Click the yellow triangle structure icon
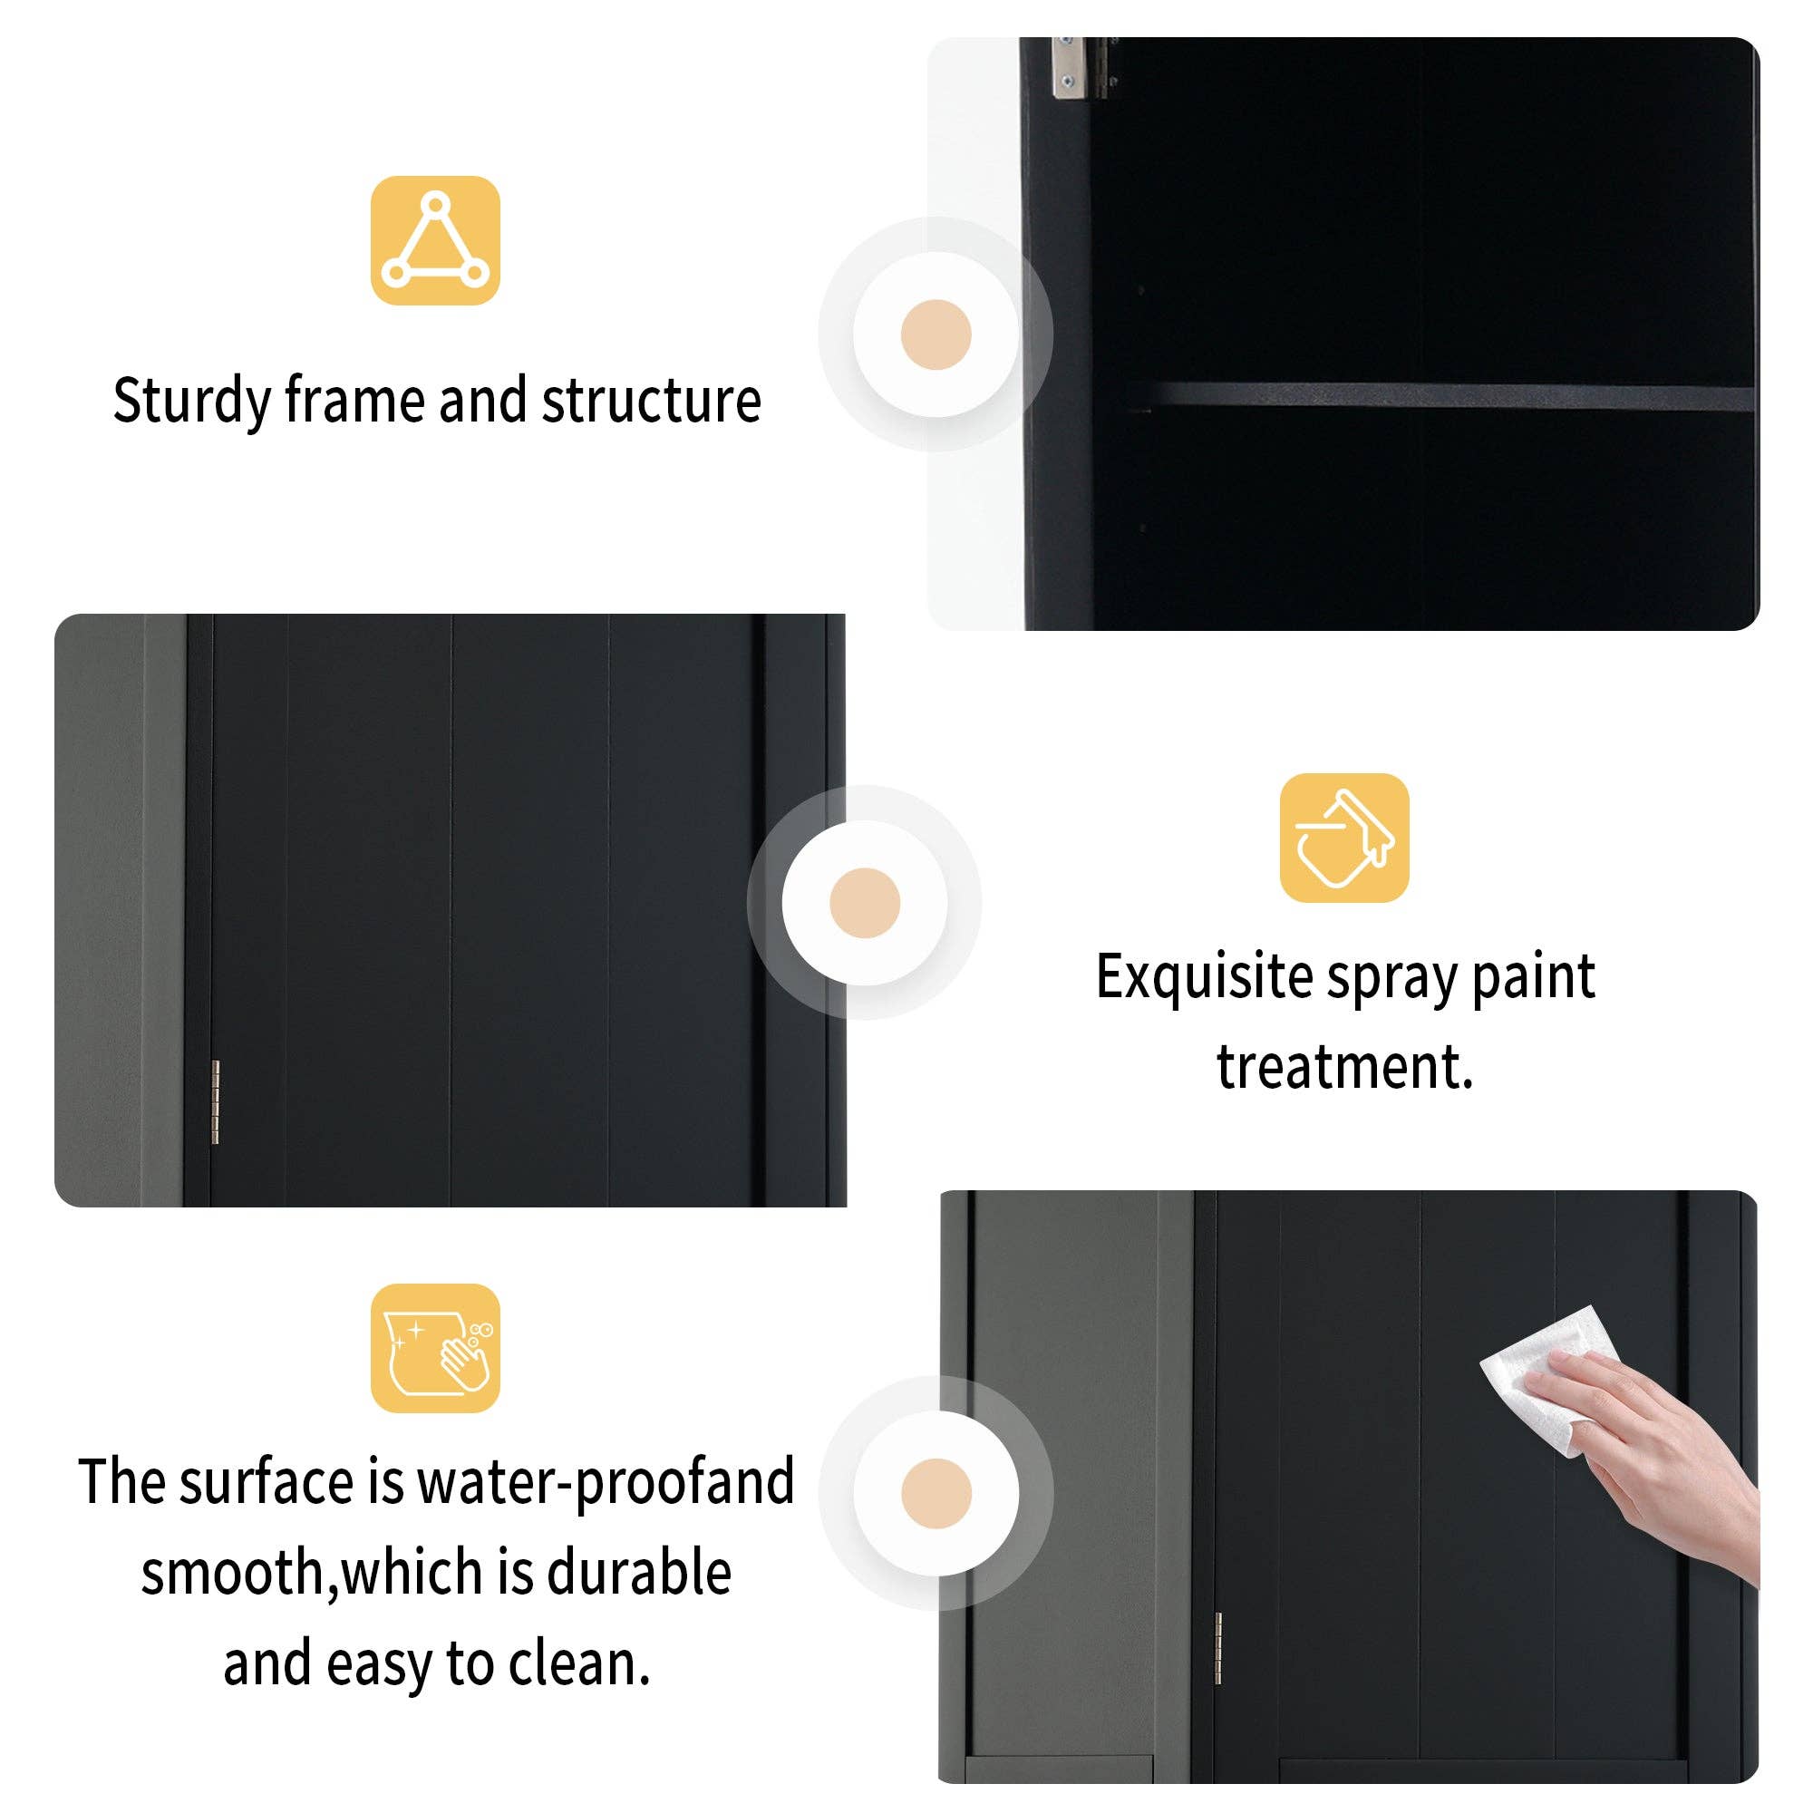pyautogui.click(x=434, y=240)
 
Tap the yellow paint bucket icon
pyautogui.click(x=1343, y=838)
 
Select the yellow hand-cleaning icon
pyautogui.click(x=434, y=1349)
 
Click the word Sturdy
pyautogui.click(x=191, y=401)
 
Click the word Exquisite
pyautogui.click(x=1204, y=977)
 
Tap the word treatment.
pyautogui.click(x=1343, y=1067)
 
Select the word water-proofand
pyautogui.click(x=606, y=1482)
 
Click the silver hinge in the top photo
pyautogui.click(x=1065, y=68)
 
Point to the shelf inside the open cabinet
pyautogui.click(x=1445, y=396)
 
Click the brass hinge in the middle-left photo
pyautogui.click(x=215, y=1101)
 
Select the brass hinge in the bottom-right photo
pyautogui.click(x=1218, y=1649)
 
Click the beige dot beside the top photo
pyautogui.click(x=935, y=334)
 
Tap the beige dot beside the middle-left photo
pyautogui.click(x=864, y=903)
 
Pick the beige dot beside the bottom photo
pyautogui.click(x=935, y=1493)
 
